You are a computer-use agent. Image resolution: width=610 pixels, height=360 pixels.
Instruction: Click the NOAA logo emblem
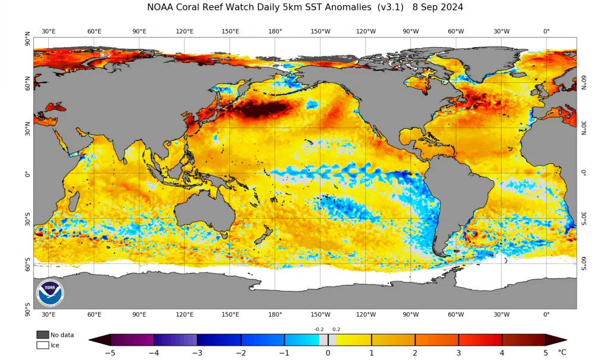[x=50, y=293]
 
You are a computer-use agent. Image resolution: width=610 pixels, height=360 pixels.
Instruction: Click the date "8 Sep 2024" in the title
[x=438, y=7]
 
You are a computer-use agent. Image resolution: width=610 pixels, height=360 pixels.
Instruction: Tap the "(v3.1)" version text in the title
[x=391, y=7]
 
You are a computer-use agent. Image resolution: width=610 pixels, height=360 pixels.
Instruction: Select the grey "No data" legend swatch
[x=43, y=335]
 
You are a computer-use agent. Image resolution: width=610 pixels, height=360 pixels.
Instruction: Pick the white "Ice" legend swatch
[x=43, y=345]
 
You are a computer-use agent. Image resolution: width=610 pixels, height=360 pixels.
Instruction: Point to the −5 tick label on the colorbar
[x=110, y=353]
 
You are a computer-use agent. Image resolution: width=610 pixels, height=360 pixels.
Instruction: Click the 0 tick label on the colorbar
[x=328, y=353]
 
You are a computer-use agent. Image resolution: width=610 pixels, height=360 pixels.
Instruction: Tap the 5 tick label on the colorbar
[x=546, y=353]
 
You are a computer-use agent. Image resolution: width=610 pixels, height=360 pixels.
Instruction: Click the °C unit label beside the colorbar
[x=562, y=352]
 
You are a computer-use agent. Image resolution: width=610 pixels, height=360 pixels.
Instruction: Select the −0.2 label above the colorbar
[x=319, y=329]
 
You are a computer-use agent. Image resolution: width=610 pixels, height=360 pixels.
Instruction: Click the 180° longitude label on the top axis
[x=275, y=31]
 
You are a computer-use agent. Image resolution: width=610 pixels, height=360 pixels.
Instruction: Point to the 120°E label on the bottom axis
[x=185, y=315]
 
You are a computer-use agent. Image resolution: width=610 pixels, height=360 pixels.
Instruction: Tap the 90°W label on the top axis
[x=410, y=31]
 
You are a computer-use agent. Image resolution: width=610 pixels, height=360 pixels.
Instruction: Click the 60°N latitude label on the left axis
[x=27, y=83]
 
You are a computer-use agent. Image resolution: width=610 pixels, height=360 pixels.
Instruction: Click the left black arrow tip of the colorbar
[x=89, y=340]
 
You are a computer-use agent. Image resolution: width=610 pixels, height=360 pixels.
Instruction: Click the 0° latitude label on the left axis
[x=27, y=174]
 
